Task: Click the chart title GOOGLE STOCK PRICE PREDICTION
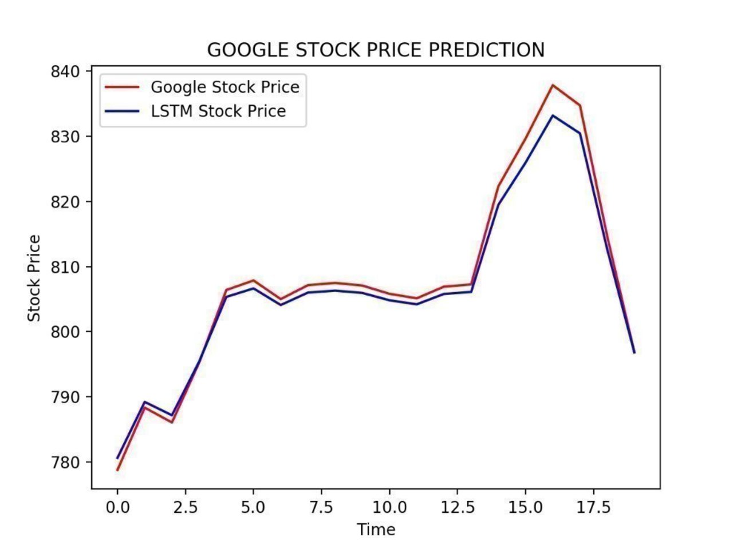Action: tap(376, 50)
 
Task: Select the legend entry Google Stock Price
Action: tap(224, 87)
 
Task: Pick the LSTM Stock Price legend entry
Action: tap(218, 111)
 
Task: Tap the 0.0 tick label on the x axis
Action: tap(117, 507)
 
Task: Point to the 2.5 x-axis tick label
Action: tap(186, 507)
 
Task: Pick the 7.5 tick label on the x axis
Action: tap(321, 507)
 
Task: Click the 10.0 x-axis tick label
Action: tap(389, 507)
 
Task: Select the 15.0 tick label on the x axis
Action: tap(525, 507)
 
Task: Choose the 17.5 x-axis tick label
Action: tap(593, 507)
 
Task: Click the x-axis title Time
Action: tap(376, 530)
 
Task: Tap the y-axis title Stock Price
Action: tap(34, 278)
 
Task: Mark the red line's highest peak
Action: tap(553, 85)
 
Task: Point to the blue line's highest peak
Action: tap(553, 116)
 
